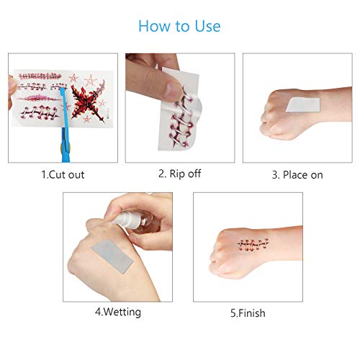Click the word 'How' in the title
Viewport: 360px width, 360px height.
click(154, 27)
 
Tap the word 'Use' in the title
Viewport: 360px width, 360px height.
click(206, 27)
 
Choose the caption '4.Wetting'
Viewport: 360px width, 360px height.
click(117, 312)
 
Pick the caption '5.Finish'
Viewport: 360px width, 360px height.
click(242, 312)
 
